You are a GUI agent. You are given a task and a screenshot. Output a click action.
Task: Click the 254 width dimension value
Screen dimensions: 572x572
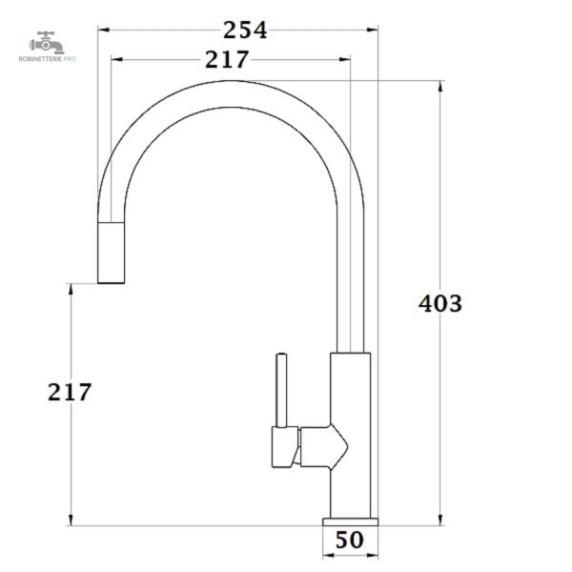pyautogui.click(x=245, y=30)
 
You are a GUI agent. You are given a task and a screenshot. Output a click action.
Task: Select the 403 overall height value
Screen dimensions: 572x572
pyautogui.click(x=439, y=303)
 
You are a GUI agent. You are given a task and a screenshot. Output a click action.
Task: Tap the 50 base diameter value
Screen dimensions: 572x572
pyautogui.click(x=350, y=540)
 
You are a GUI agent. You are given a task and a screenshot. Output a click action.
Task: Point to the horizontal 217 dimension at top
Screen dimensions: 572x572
pyautogui.click(x=227, y=59)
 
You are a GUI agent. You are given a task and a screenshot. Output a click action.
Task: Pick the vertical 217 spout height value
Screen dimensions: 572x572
pyautogui.click(x=70, y=392)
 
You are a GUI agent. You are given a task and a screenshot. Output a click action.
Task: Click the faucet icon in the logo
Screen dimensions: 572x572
pyautogui.click(x=47, y=43)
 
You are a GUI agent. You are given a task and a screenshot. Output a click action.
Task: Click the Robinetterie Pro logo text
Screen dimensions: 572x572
pyautogui.click(x=48, y=59)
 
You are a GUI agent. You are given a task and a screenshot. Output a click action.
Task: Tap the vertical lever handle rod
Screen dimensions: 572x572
pyautogui.click(x=281, y=390)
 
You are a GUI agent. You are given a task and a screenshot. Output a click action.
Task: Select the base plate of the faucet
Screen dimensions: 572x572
pyautogui.click(x=350, y=521)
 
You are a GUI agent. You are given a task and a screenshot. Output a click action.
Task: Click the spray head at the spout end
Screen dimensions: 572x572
pyautogui.click(x=112, y=252)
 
